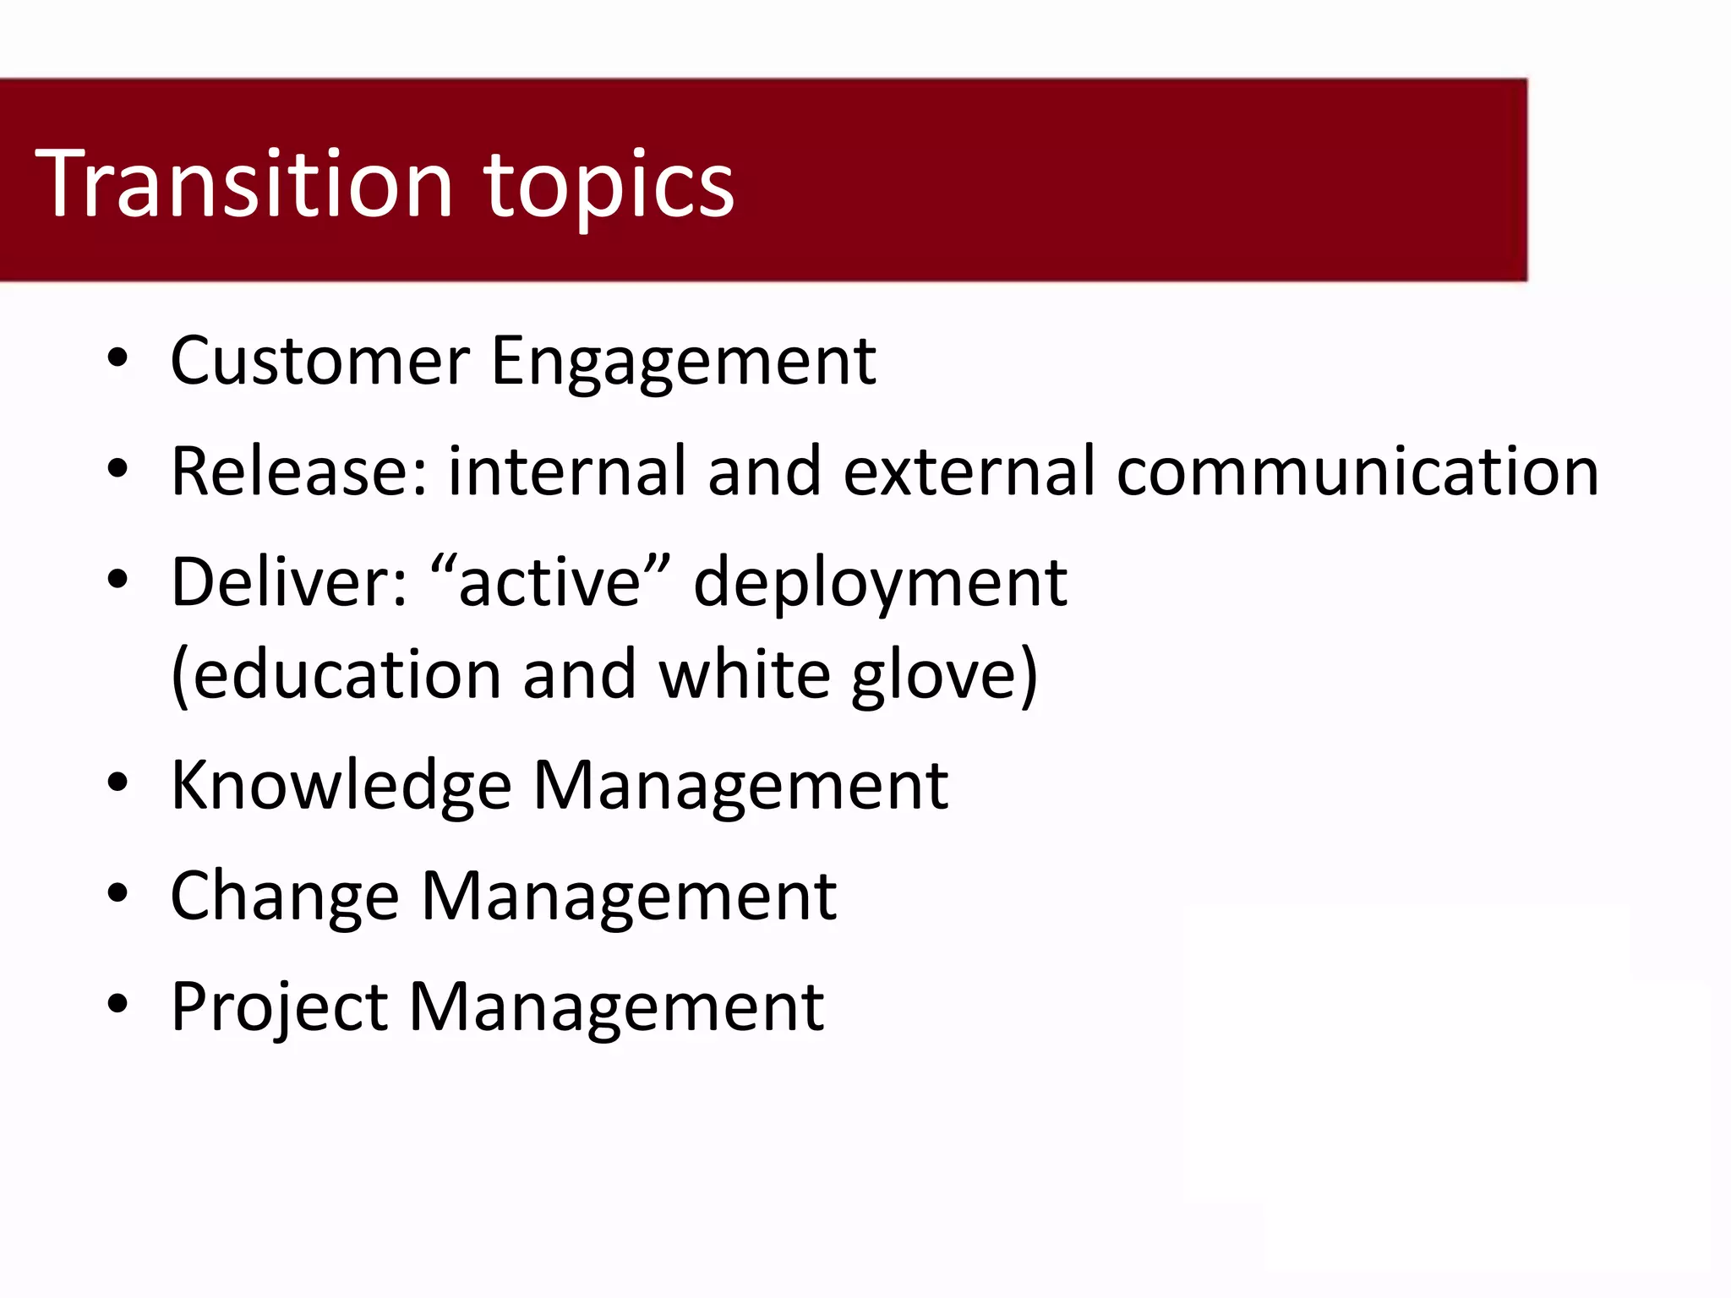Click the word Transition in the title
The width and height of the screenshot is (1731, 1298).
click(x=244, y=184)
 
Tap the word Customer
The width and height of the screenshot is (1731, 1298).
click(x=319, y=361)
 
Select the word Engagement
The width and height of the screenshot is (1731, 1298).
click(x=683, y=363)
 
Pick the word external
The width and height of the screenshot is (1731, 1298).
click(x=975, y=471)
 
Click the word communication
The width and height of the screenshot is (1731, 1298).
click(x=1357, y=471)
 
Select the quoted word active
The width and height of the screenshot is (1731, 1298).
click(x=550, y=582)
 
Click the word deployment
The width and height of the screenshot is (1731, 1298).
click(x=880, y=585)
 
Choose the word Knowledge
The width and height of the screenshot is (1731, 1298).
click(x=341, y=787)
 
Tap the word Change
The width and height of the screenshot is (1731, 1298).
click(x=284, y=897)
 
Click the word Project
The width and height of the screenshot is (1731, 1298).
click(x=279, y=1008)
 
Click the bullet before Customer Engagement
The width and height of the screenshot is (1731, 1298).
click(x=117, y=358)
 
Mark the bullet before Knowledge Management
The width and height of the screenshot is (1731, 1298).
click(x=117, y=783)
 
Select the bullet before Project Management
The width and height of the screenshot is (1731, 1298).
click(x=117, y=1004)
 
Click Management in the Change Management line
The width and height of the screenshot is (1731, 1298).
click(x=629, y=897)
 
